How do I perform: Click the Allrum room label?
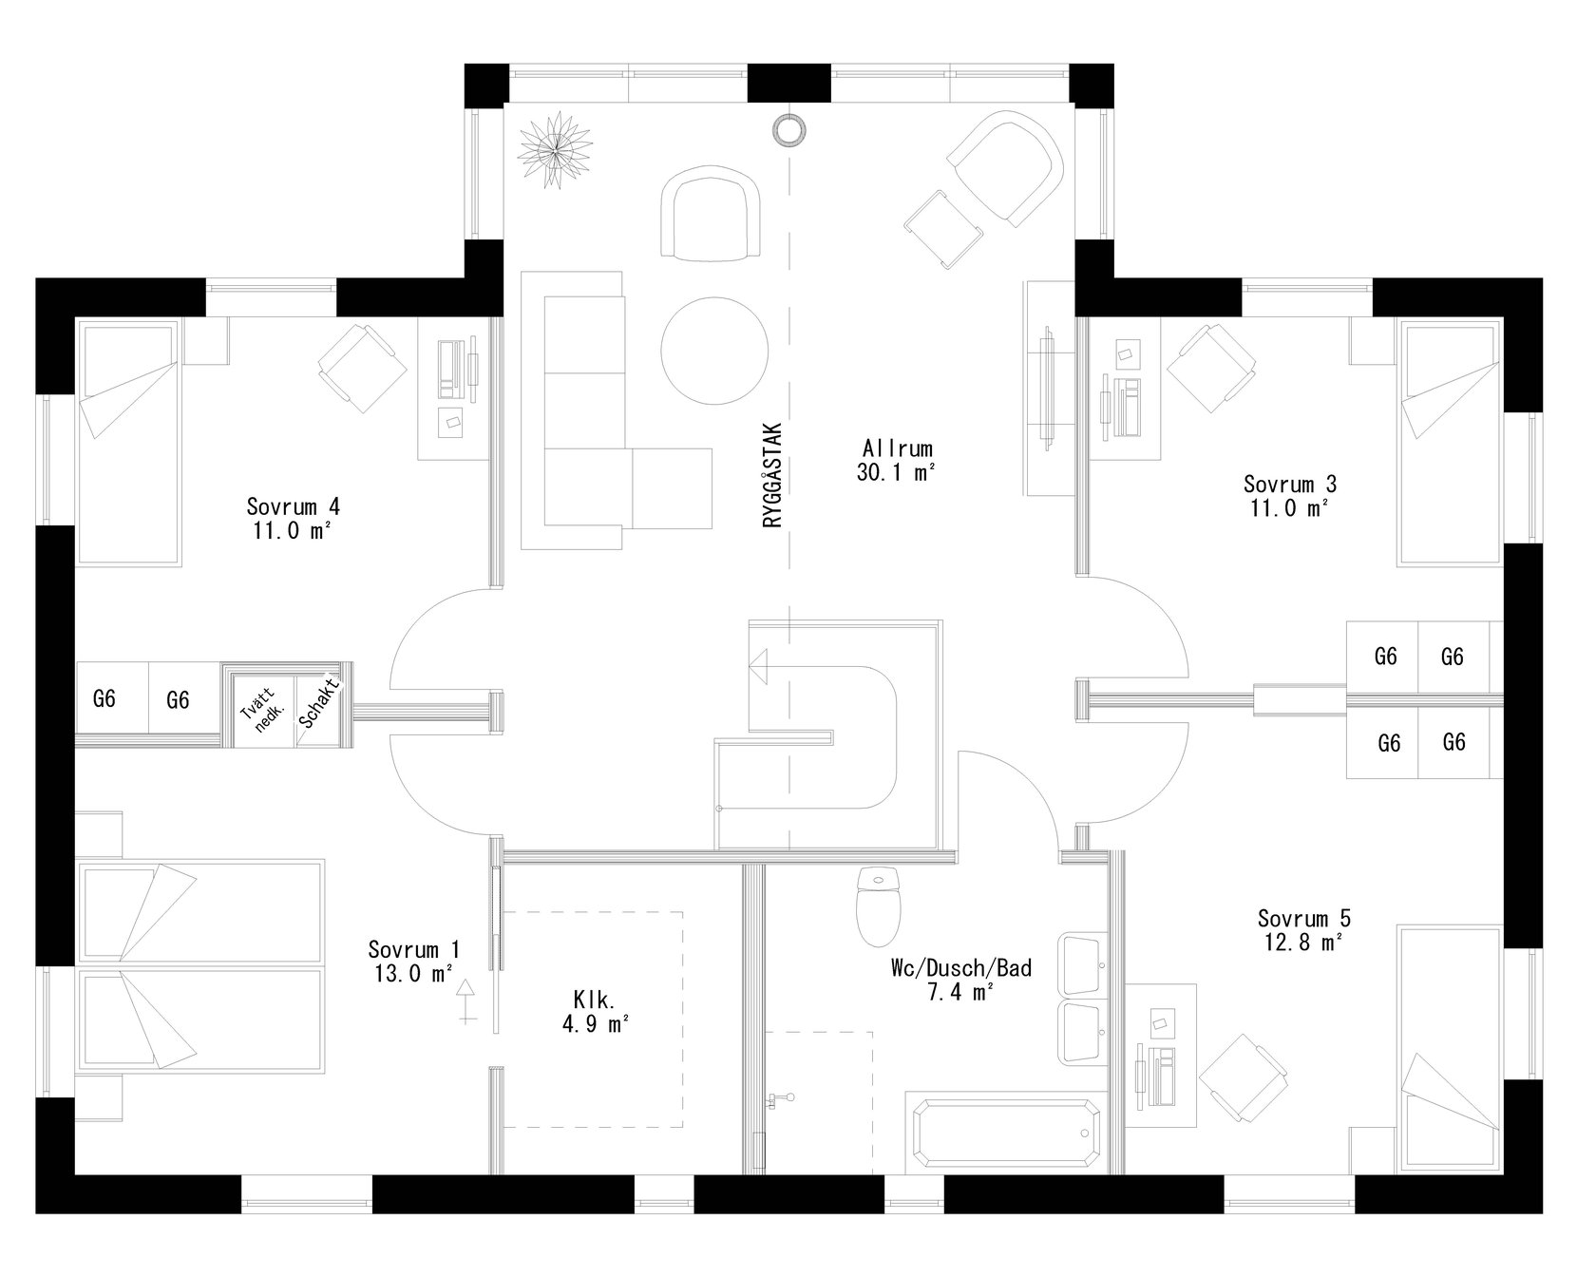pos(897,448)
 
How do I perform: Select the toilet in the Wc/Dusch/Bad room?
pos(878,907)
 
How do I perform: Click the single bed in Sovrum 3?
pos(1450,445)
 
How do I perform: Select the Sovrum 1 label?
pos(413,949)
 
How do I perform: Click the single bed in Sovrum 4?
pos(128,445)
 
